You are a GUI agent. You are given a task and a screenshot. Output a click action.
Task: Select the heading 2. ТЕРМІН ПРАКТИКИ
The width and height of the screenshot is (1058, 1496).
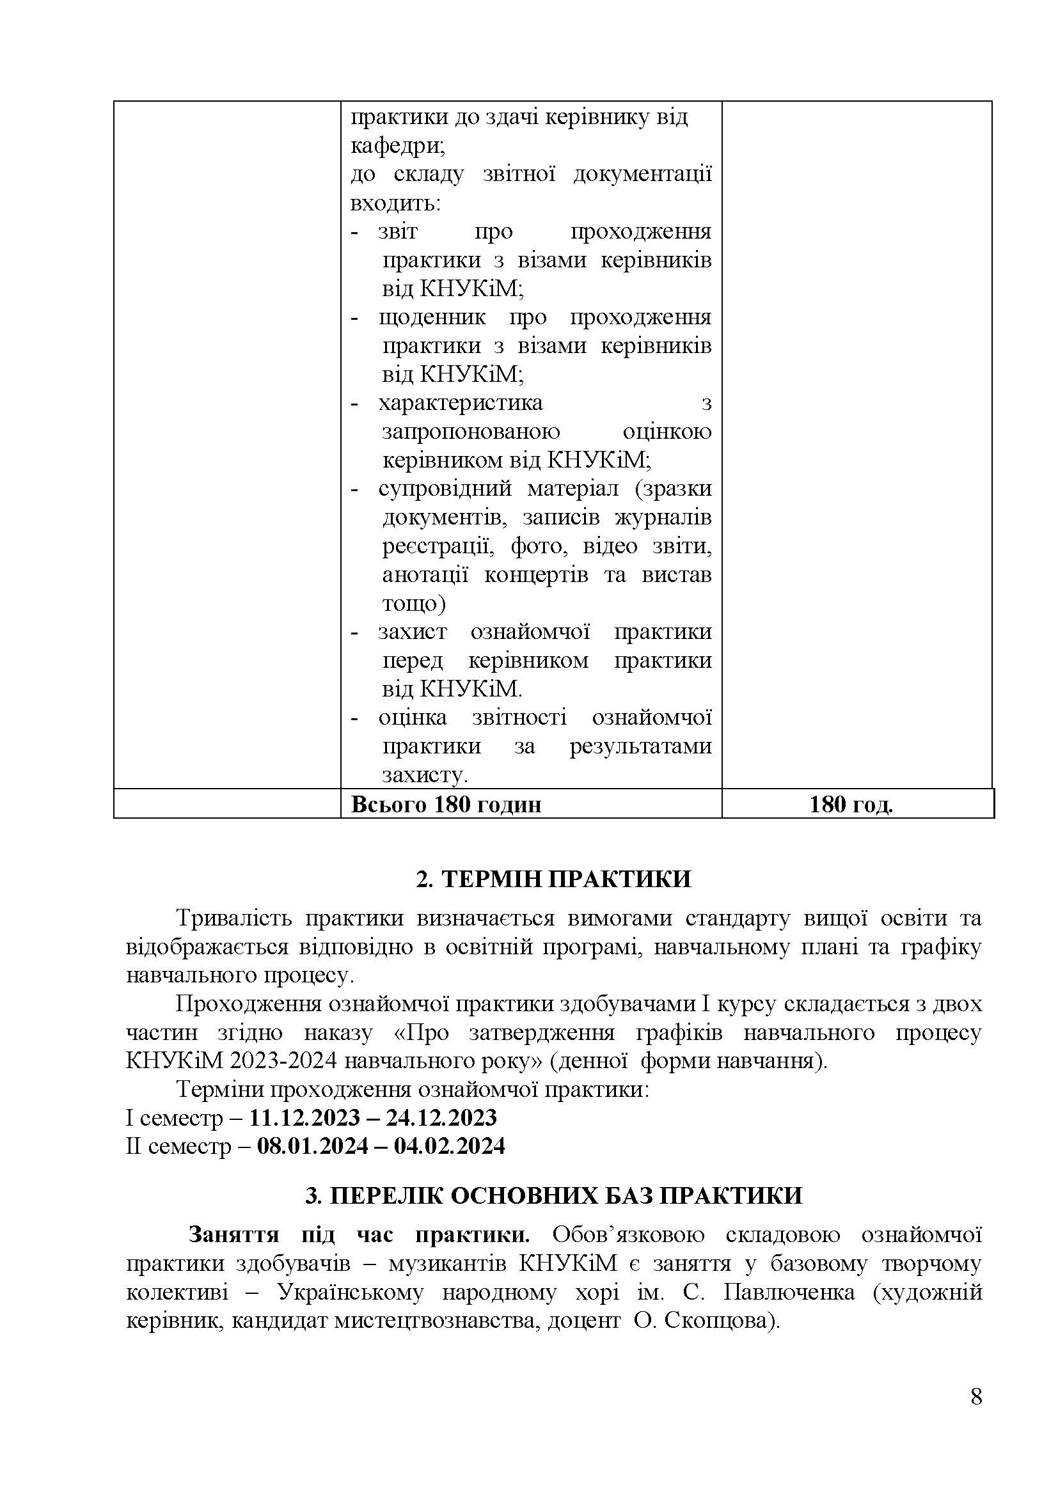553,879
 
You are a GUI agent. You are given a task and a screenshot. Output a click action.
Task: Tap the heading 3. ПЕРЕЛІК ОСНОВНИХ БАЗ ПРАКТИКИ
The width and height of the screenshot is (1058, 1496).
553,1195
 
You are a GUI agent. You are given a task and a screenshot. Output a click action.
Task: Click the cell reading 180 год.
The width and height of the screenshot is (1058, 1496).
850,805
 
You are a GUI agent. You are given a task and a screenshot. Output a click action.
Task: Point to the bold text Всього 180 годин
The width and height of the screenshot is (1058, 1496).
446,805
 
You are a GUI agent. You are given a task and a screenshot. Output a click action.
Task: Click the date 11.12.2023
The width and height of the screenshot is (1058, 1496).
304,1117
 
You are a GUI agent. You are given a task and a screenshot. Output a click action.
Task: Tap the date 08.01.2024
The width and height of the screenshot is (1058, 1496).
313,1146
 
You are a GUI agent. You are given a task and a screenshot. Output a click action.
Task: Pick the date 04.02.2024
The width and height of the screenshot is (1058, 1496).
450,1146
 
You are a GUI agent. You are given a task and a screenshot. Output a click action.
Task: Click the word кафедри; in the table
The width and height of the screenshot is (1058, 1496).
397,146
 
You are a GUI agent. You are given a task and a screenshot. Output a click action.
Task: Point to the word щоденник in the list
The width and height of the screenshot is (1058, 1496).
432,317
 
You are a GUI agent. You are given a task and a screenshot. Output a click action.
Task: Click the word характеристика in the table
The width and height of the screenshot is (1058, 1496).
461,403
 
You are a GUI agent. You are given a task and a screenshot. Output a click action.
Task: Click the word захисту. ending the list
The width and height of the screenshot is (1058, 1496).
425,775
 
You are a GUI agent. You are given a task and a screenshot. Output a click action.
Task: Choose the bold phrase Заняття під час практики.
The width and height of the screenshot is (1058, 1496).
359,1234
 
